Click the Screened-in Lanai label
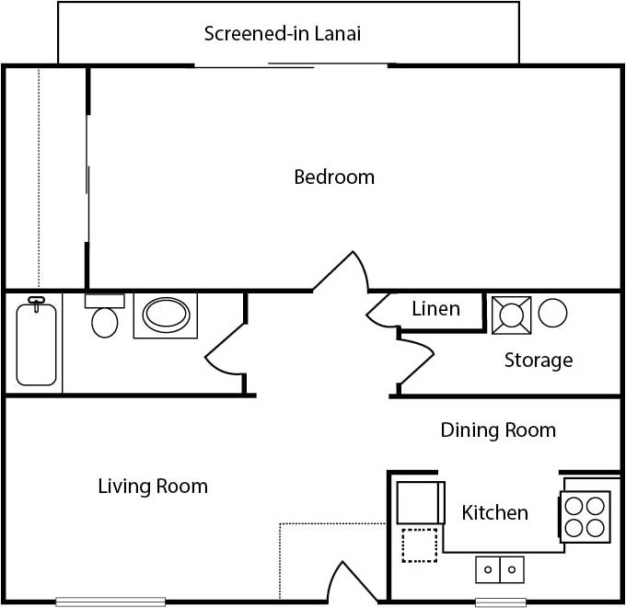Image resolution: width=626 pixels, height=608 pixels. pos(282,35)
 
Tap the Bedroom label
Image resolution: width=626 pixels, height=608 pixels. pos(334,177)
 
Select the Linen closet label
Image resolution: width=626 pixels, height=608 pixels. pos(435,309)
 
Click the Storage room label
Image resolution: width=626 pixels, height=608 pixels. pos(538,361)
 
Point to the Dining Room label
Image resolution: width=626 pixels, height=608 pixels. pos(498,430)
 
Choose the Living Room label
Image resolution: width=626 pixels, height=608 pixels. pos(153,486)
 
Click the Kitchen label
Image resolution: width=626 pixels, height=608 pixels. pos(494,512)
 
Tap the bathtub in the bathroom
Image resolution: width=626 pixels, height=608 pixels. pos(36,343)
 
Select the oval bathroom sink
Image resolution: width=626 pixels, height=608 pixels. pos(166,315)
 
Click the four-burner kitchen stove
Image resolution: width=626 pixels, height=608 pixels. pos(586,517)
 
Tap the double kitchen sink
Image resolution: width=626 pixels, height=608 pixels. pos(500,569)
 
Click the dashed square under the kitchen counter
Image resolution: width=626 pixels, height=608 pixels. pos(420,545)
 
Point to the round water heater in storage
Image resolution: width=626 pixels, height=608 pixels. pos(552,315)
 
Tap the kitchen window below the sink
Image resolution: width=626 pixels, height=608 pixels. pos(500,602)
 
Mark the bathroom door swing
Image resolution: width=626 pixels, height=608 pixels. pos(224,350)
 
